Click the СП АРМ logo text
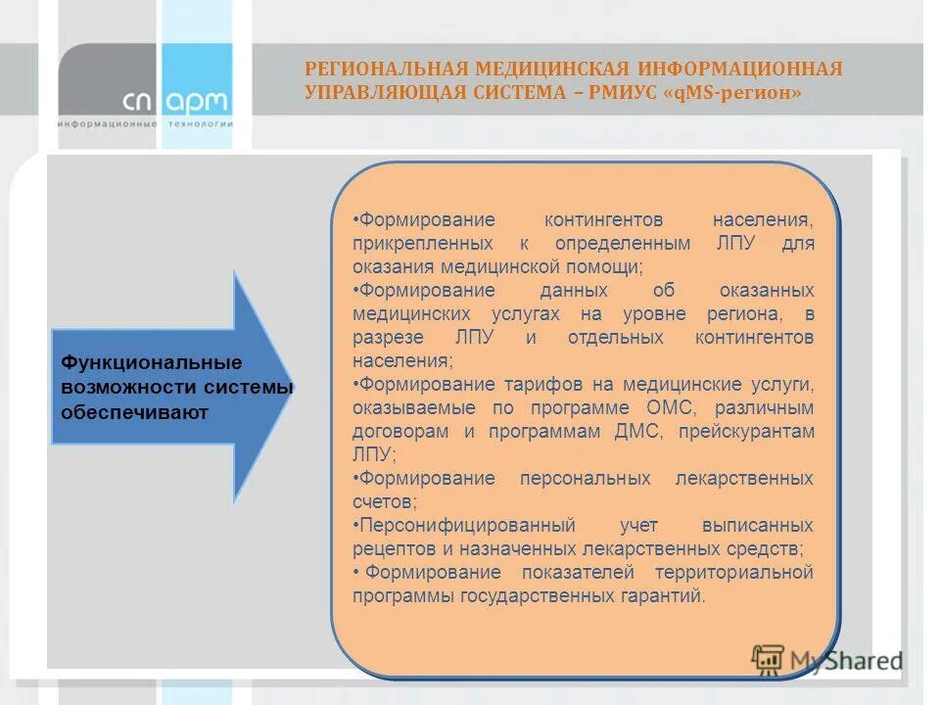(x=176, y=101)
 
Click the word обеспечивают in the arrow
(x=134, y=412)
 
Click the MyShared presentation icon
(x=768, y=659)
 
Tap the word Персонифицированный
(x=465, y=525)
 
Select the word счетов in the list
(x=383, y=501)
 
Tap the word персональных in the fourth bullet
(x=586, y=478)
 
